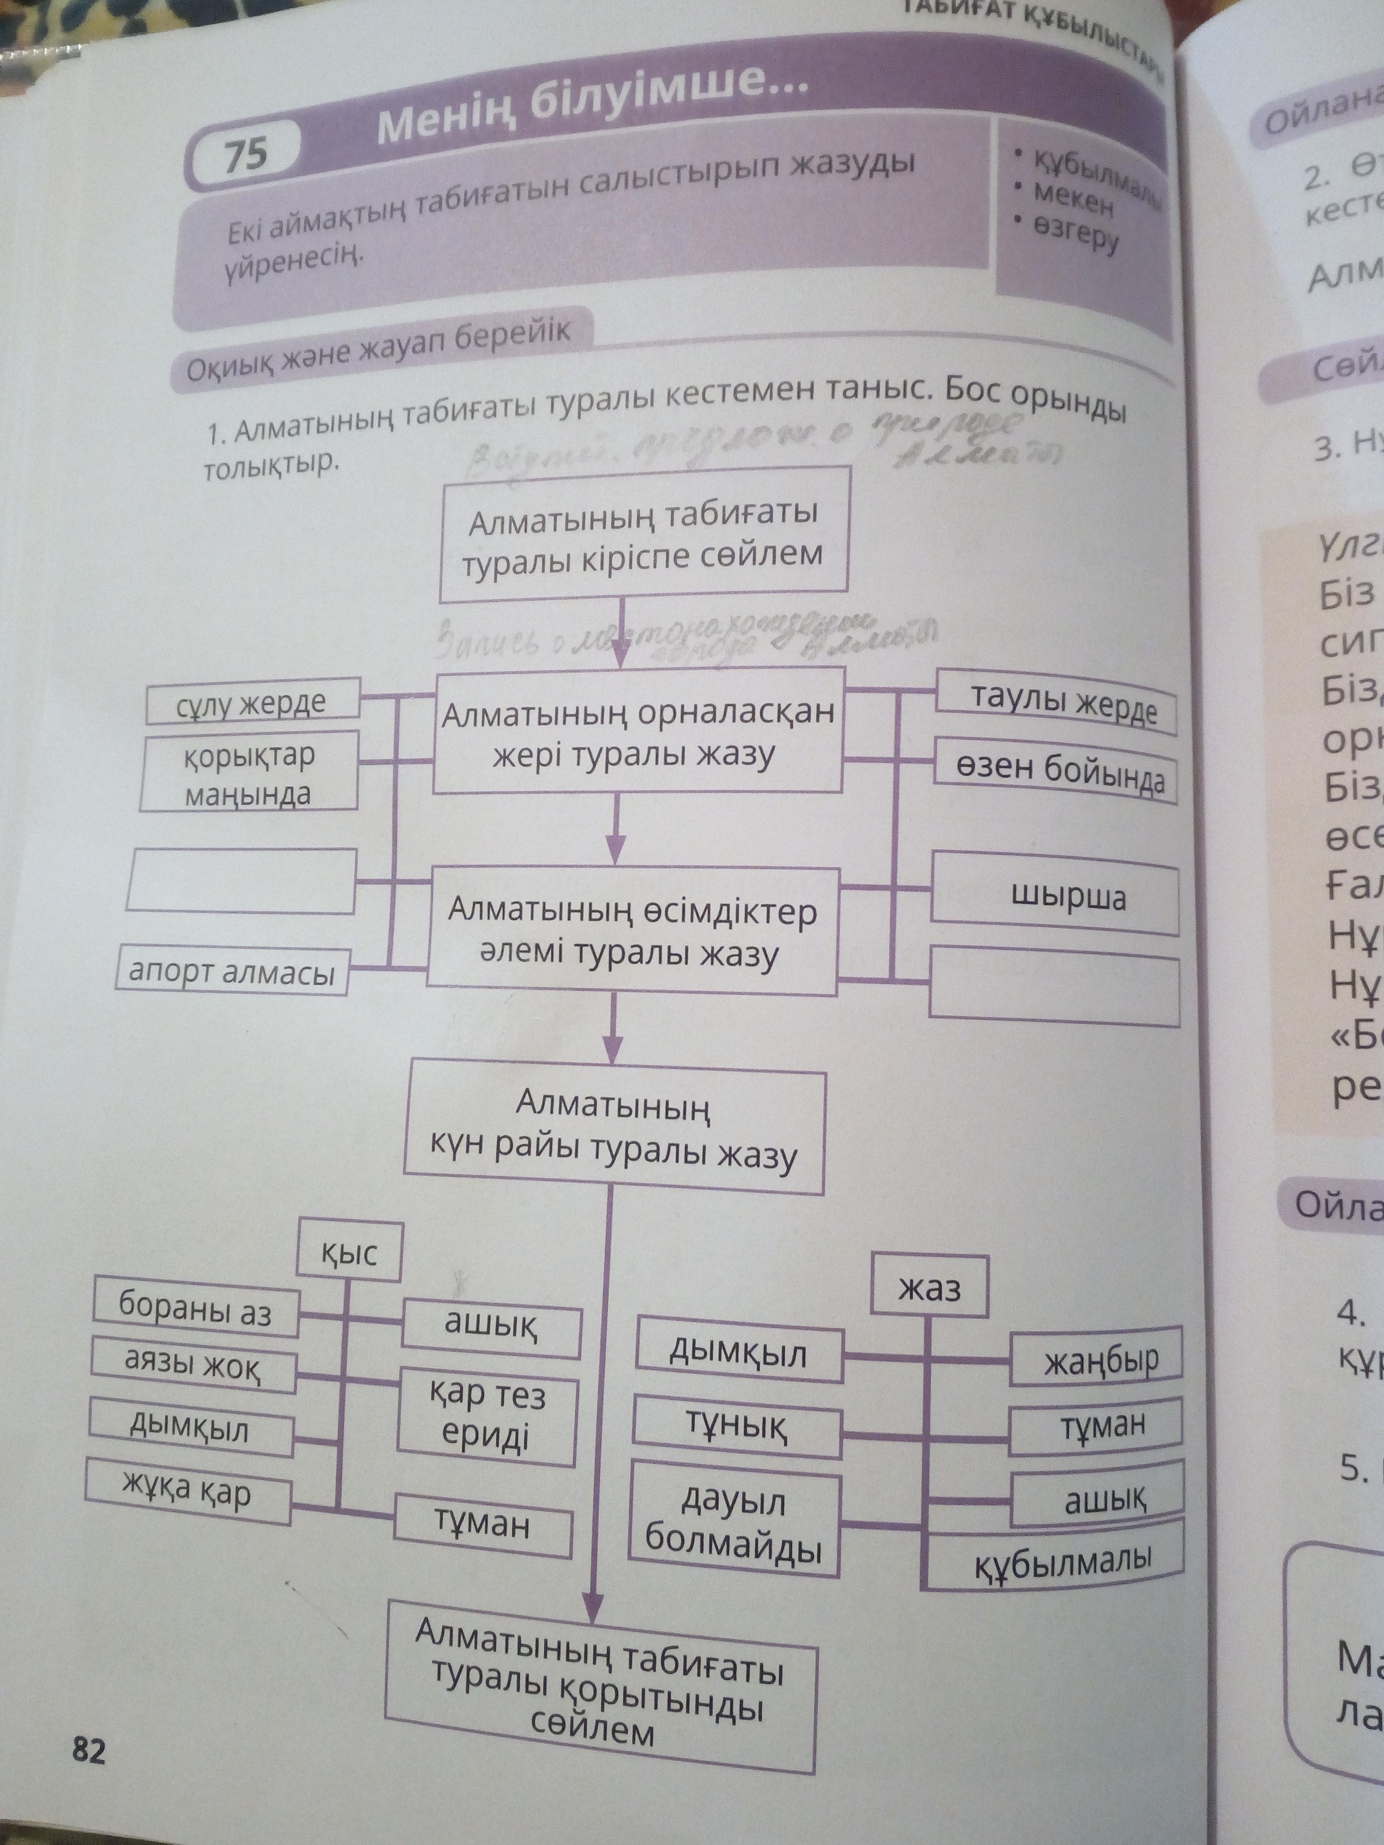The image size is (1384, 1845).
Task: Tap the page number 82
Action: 89,1750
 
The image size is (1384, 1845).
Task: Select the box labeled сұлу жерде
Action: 252,703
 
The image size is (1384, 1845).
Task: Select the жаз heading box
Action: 929,1289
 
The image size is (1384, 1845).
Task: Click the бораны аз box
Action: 195,1311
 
